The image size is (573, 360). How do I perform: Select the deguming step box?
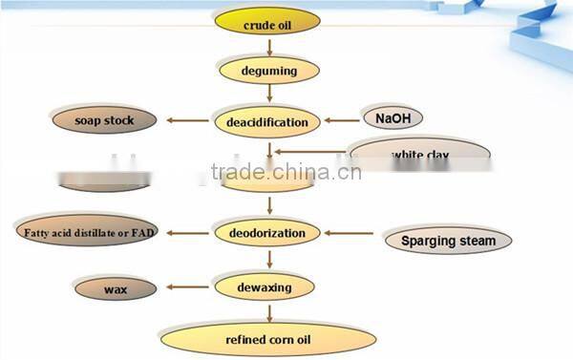(268, 70)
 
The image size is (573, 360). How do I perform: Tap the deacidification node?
(266, 122)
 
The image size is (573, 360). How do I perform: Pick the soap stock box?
(104, 121)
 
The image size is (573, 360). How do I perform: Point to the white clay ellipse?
(420, 153)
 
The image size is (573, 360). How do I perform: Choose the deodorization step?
(267, 232)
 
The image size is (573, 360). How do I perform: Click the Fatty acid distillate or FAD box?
(85, 232)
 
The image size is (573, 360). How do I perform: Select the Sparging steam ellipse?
(448, 241)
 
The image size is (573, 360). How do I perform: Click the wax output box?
(115, 286)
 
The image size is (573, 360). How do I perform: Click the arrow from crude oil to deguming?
(268, 46)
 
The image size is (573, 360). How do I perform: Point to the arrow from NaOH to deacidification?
(342, 121)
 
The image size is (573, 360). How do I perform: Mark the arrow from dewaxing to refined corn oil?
(268, 311)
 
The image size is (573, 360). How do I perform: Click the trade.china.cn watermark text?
(286, 174)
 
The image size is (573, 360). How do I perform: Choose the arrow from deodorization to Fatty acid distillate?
(186, 232)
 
